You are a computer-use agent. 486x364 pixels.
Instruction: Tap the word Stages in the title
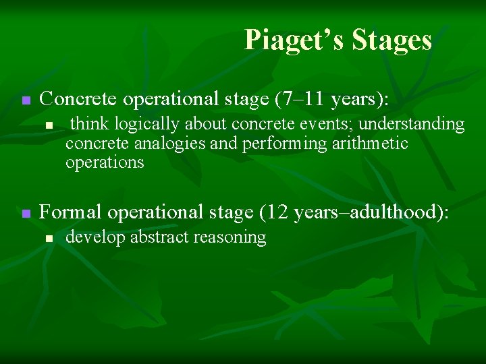click(x=391, y=40)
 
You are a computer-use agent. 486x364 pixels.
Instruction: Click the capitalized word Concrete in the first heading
click(x=75, y=100)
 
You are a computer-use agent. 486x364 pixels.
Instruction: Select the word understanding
click(x=412, y=125)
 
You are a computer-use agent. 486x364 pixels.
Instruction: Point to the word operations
click(x=105, y=162)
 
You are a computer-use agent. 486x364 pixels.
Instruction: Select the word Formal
click(x=71, y=212)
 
